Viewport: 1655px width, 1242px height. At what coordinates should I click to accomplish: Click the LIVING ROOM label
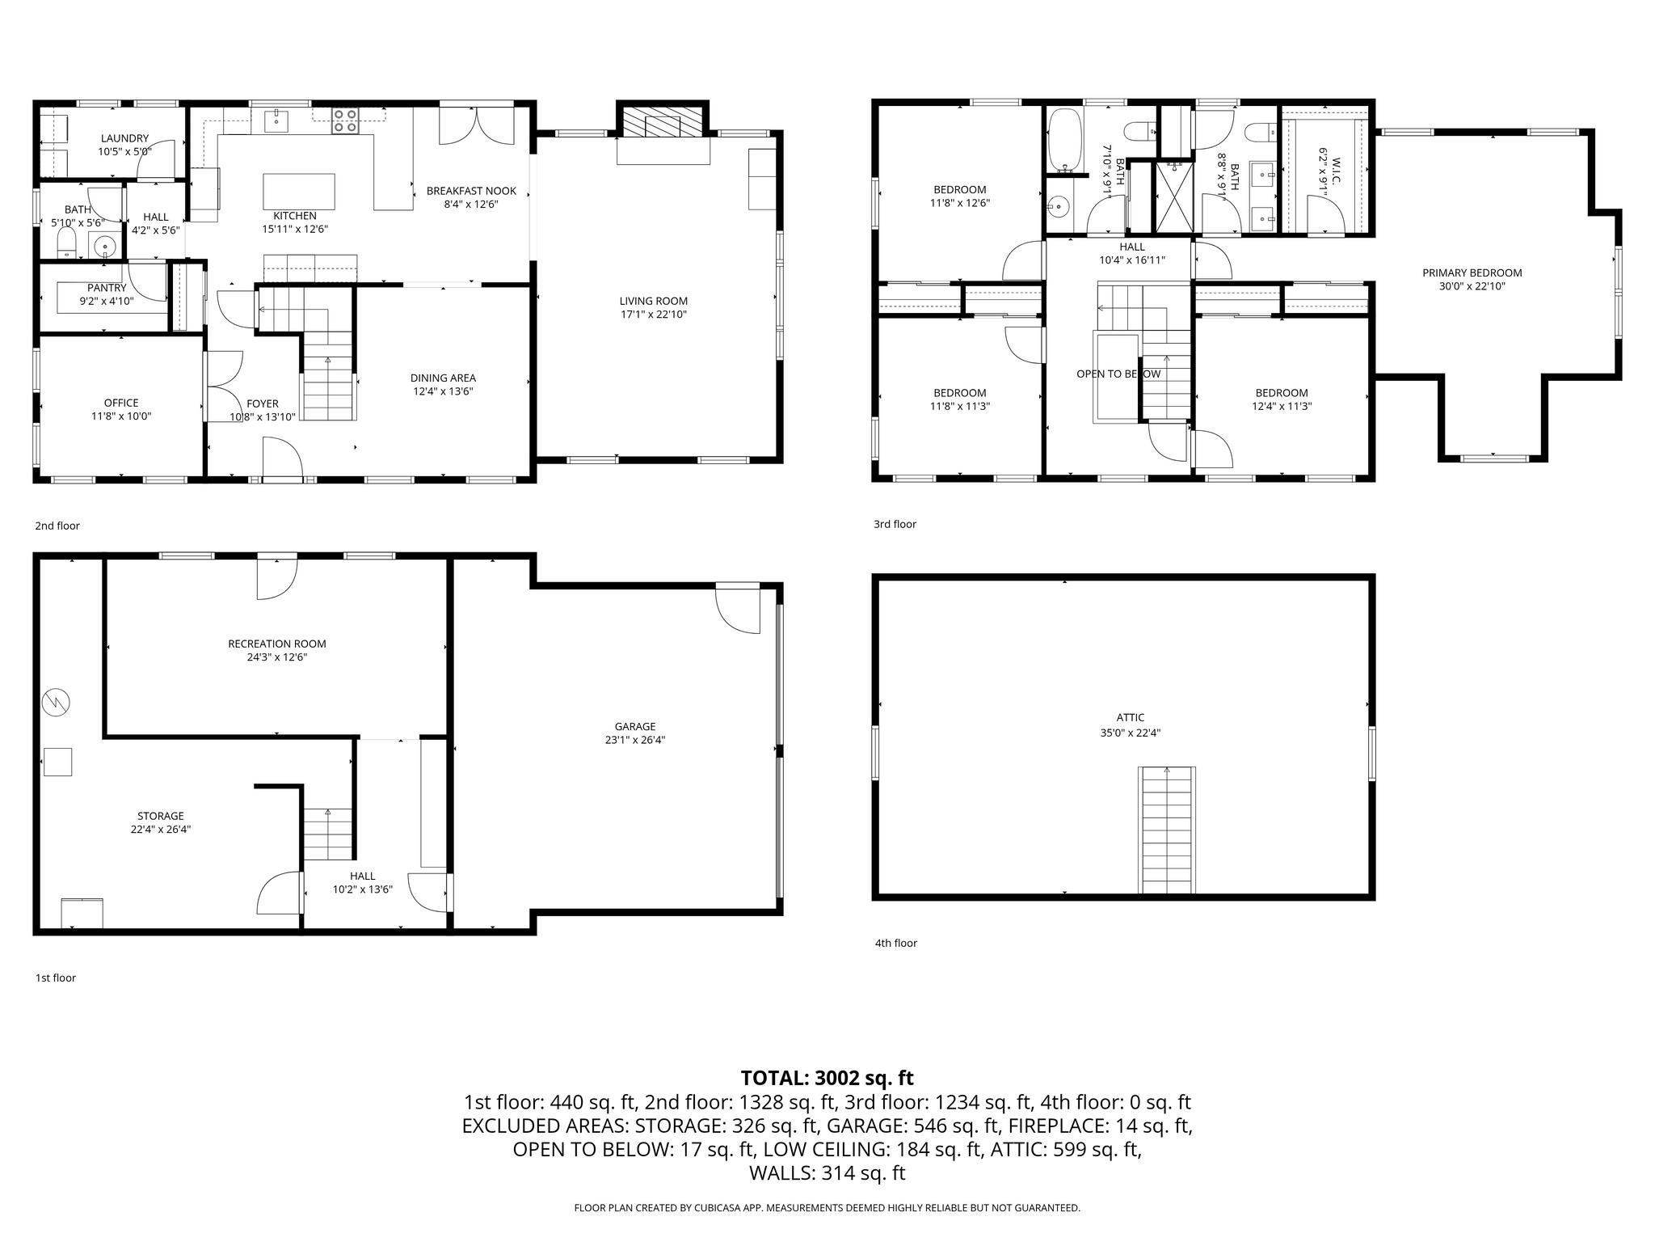[x=653, y=301]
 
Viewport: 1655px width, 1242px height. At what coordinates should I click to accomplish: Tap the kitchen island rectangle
[x=298, y=192]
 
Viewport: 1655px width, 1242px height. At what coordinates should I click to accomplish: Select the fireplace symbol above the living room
[x=662, y=125]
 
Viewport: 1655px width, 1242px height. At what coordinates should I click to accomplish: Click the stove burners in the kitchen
[x=346, y=120]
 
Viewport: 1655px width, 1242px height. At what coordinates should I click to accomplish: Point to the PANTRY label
[x=107, y=288]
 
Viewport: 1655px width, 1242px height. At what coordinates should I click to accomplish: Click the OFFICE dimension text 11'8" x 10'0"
[x=121, y=416]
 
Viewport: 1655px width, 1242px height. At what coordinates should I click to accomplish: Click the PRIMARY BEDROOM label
[x=1472, y=272]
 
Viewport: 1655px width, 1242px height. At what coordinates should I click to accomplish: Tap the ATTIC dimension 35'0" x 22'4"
[x=1130, y=733]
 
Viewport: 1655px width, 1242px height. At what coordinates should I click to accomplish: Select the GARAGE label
[x=634, y=726]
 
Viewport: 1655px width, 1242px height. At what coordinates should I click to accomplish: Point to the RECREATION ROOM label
[x=276, y=644]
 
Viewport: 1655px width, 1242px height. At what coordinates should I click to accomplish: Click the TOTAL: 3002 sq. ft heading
[x=827, y=1078]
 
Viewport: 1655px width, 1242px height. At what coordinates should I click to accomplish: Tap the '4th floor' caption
[x=895, y=943]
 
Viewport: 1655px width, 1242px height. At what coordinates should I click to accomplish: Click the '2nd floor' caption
[x=57, y=526]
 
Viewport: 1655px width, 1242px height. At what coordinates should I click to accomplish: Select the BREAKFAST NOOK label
[x=471, y=191]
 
